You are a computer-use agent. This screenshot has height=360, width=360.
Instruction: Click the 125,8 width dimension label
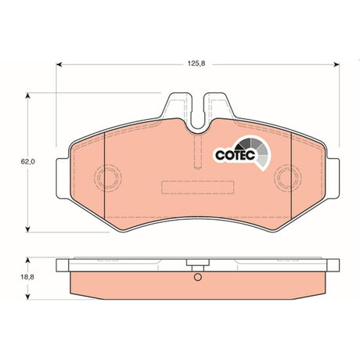coord(196,63)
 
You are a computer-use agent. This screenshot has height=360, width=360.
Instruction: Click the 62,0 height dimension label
coord(28,162)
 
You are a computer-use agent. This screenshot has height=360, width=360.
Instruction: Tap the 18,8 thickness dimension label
coord(27,277)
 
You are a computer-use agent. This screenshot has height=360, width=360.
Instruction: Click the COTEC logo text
coord(235,155)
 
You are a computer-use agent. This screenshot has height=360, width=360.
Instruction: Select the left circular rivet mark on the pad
coord(108,178)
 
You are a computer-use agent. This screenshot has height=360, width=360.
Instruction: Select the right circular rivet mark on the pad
coord(288,178)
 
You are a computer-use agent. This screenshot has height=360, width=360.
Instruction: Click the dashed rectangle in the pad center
coord(197,187)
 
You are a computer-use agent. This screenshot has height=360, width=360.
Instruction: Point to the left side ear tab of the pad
coord(63,178)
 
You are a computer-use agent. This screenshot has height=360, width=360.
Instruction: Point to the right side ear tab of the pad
coord(333,178)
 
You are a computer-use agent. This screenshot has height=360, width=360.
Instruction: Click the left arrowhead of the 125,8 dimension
coord(59,64)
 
